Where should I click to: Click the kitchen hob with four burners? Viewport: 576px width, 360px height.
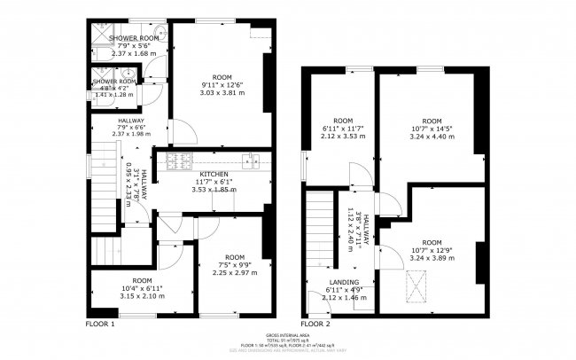(175, 160)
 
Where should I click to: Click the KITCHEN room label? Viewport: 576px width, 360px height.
(214, 174)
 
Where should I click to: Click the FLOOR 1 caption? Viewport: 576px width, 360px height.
(100, 325)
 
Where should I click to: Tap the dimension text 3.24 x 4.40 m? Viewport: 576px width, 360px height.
(432, 137)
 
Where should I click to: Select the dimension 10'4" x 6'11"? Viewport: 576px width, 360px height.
(142, 288)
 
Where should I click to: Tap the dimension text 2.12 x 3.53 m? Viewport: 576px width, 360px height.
(342, 137)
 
